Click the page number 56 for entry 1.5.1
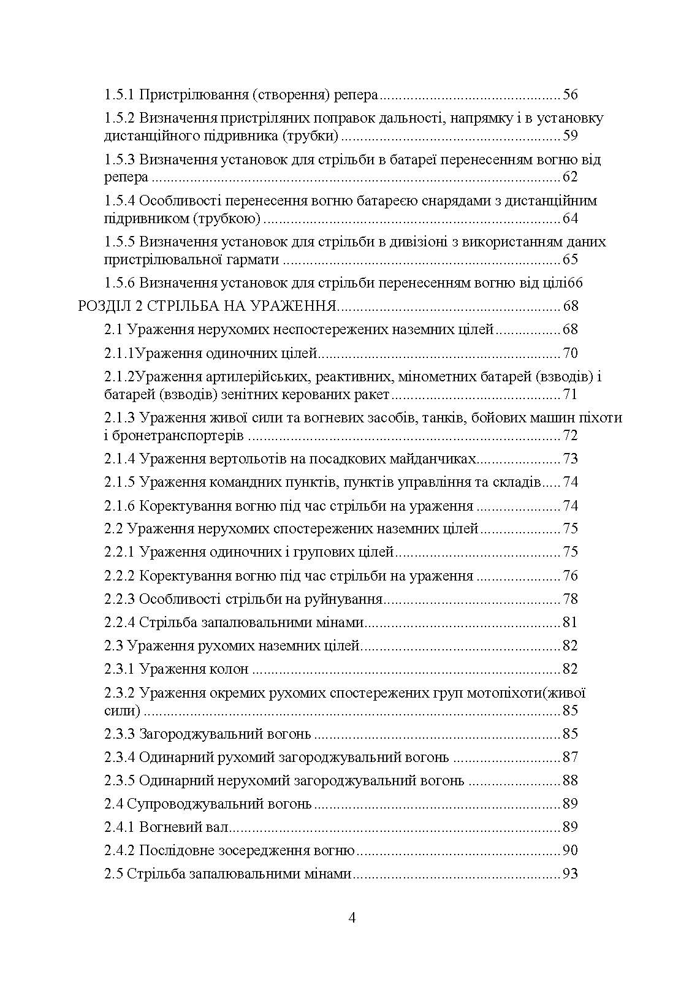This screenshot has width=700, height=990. (x=570, y=94)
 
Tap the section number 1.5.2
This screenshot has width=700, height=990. (x=120, y=118)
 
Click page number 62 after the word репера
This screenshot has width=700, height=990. (x=570, y=177)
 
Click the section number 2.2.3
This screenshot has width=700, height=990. (x=120, y=599)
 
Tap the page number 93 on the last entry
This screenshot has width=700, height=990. (x=570, y=874)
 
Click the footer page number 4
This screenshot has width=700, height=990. (x=351, y=918)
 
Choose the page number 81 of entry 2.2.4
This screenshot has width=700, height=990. (x=570, y=622)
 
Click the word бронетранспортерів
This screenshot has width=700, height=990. (x=174, y=436)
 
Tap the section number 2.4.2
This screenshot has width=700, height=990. (x=120, y=850)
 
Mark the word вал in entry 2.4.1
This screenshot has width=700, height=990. (x=218, y=827)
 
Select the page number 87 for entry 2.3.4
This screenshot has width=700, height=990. (x=570, y=757)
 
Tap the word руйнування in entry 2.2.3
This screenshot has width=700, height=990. (x=347, y=599)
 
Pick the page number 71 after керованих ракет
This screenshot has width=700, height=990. (x=570, y=394)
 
